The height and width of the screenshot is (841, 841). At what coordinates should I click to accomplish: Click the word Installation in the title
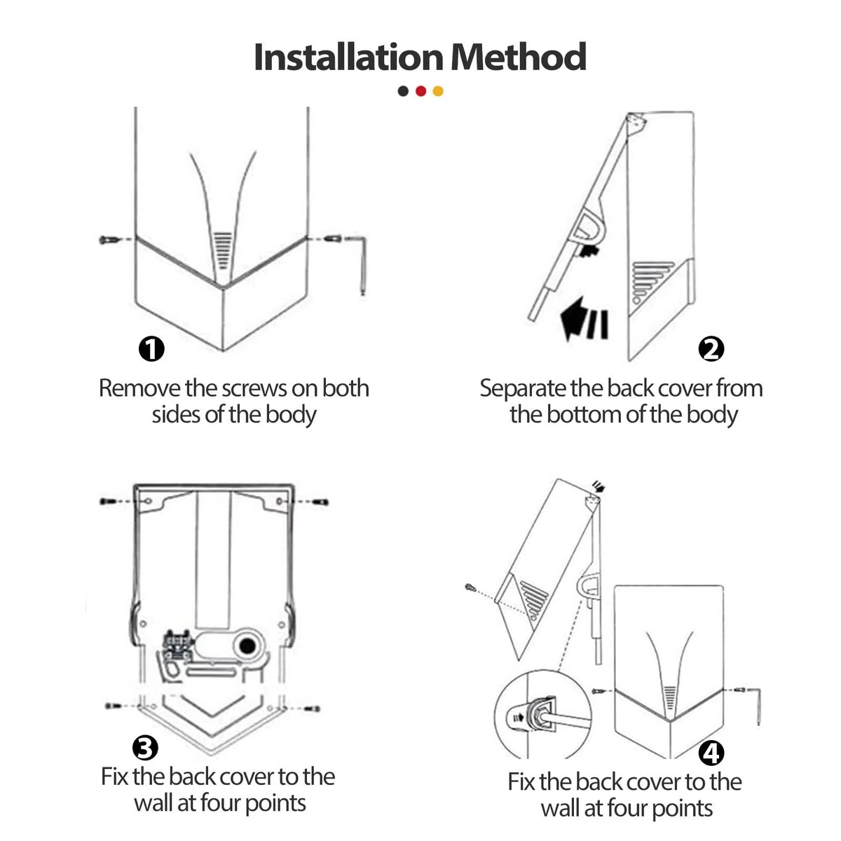(x=349, y=57)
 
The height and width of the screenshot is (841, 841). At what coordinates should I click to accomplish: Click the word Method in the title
(x=519, y=57)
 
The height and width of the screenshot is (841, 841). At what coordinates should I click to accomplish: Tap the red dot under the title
(x=420, y=91)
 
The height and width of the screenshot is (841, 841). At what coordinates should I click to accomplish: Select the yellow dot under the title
(x=438, y=91)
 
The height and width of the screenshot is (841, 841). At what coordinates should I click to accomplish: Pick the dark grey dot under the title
(x=403, y=91)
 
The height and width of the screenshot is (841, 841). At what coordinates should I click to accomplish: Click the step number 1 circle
(x=151, y=349)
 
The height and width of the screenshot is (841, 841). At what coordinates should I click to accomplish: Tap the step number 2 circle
(x=711, y=349)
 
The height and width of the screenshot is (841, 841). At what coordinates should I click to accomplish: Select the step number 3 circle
(x=145, y=748)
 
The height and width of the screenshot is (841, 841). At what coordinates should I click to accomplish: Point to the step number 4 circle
(x=711, y=753)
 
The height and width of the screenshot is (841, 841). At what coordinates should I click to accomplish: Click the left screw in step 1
(x=109, y=240)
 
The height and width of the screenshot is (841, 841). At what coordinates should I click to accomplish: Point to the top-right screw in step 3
(x=321, y=502)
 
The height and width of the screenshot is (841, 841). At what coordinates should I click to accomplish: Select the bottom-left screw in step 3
(x=114, y=706)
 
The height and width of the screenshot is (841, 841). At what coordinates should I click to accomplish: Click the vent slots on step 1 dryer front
(x=223, y=250)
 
